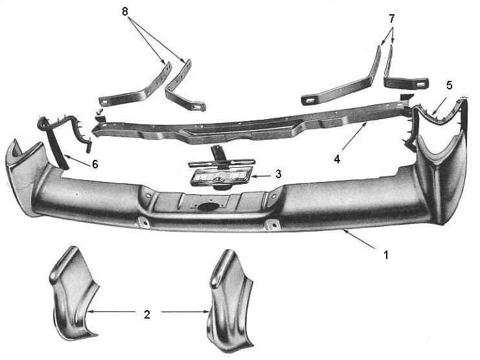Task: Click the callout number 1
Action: coord(385,254)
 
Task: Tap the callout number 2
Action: coord(147,314)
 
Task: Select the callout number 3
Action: coord(278,174)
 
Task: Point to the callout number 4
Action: coord(337,159)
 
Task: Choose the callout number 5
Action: coord(449,85)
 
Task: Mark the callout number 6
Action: coord(95,164)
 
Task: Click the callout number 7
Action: coord(391,18)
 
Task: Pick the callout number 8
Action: coord(124,12)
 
